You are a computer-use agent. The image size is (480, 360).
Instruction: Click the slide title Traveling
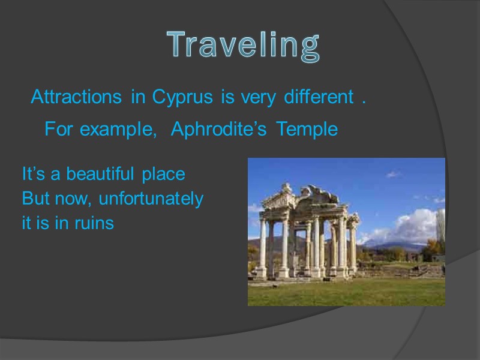(x=243, y=45)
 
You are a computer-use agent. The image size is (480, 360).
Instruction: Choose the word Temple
(x=307, y=130)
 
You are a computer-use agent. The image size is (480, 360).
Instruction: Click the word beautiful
(x=101, y=175)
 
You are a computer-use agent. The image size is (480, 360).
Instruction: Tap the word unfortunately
(x=151, y=199)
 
